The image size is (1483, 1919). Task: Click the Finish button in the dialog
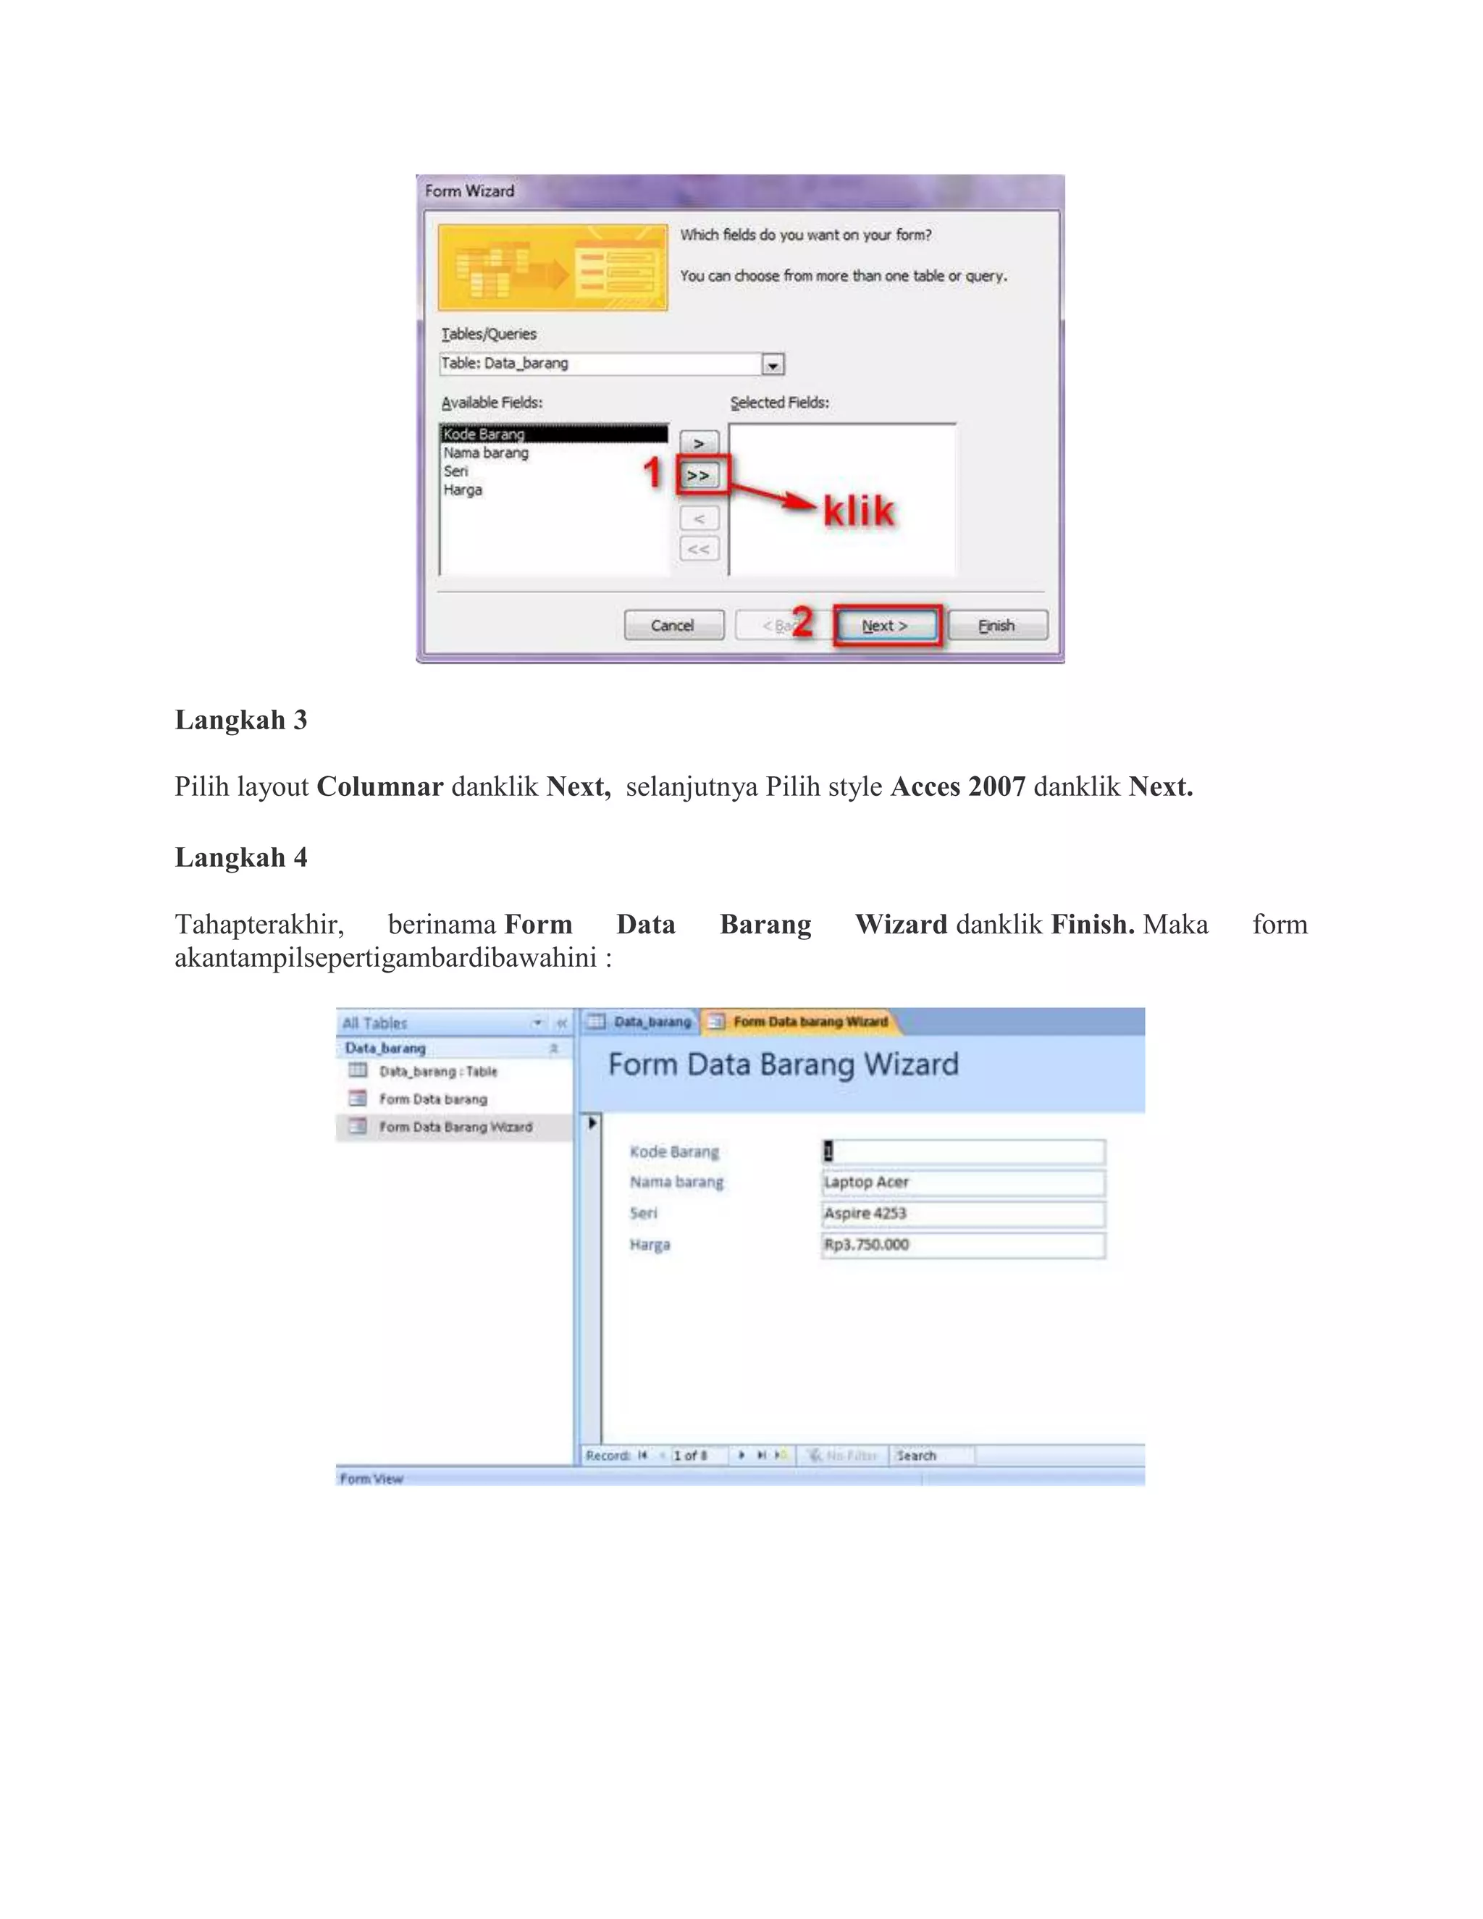tap(997, 625)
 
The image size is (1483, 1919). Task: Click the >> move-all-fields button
tap(699, 475)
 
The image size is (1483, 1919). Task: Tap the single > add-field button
tap(700, 444)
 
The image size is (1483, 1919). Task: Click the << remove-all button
tap(700, 549)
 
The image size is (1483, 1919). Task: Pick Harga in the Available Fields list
tap(463, 490)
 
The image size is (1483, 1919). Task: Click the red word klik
tap(858, 511)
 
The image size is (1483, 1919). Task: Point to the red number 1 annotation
tap(652, 473)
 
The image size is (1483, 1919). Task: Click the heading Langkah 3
tap(240, 720)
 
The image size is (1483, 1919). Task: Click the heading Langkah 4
tap(240, 857)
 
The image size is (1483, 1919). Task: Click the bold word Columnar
tap(379, 786)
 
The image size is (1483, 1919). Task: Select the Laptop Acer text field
tap(963, 1183)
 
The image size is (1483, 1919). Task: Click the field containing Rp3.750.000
tap(963, 1245)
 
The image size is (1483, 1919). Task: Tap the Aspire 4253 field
tap(963, 1214)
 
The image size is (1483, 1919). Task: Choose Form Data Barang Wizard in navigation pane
tap(455, 1128)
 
